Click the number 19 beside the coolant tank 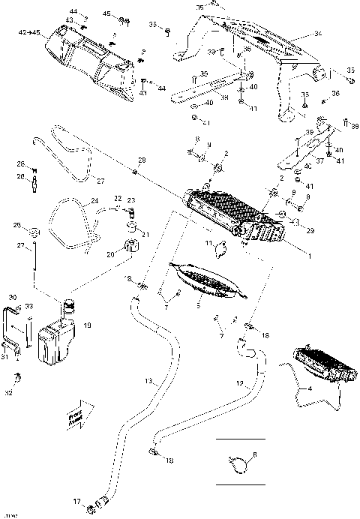pos(88,325)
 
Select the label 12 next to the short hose pos(240,382)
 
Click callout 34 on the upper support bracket pos(318,34)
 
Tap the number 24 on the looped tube pos(94,200)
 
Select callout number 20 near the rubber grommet pos(110,254)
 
